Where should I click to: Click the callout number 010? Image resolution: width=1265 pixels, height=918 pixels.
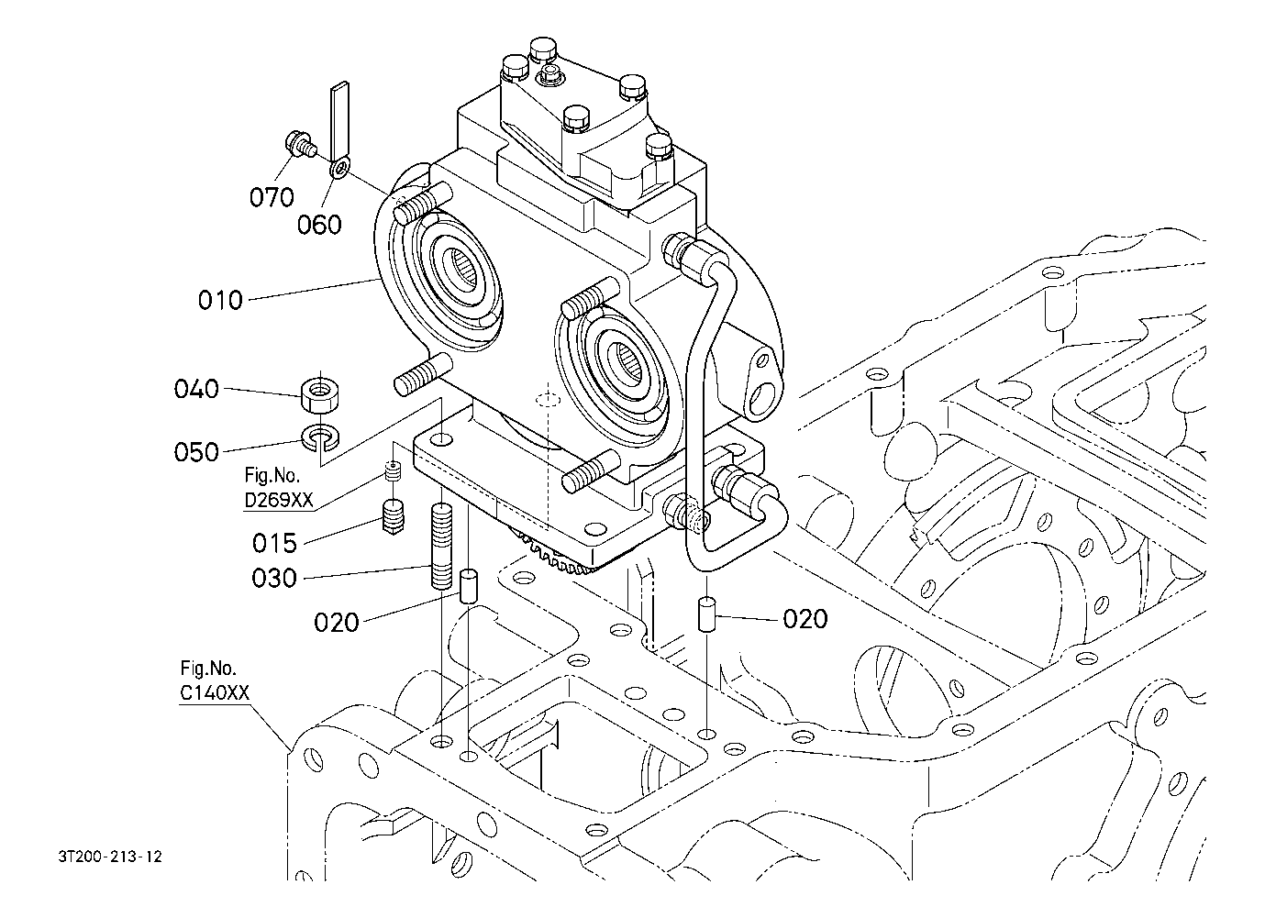click(220, 301)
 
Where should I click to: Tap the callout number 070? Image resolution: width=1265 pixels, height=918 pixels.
click(272, 197)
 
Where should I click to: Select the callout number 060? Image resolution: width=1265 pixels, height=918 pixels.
click(319, 226)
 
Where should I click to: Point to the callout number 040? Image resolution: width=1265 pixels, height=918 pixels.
click(196, 389)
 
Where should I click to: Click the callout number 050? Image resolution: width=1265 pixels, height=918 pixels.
click(196, 452)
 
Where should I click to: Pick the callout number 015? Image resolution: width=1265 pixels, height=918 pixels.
click(274, 543)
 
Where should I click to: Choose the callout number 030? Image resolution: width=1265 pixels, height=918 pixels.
click(274, 578)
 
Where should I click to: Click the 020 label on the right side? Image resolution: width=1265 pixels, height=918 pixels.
click(805, 619)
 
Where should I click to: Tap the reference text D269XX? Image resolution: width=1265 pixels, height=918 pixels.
click(279, 500)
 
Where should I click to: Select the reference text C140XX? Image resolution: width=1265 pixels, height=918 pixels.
click(215, 692)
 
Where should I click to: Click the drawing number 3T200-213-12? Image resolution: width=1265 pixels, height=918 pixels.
click(110, 857)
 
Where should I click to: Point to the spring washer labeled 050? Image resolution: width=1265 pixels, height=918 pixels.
click(319, 438)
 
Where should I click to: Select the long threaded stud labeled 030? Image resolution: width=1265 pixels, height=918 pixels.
click(441, 546)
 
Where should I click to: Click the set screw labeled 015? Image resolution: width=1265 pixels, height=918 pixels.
click(394, 517)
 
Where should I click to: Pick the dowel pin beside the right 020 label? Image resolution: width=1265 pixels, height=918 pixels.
click(706, 614)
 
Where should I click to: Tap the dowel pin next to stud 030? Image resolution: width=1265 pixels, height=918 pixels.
click(469, 587)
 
